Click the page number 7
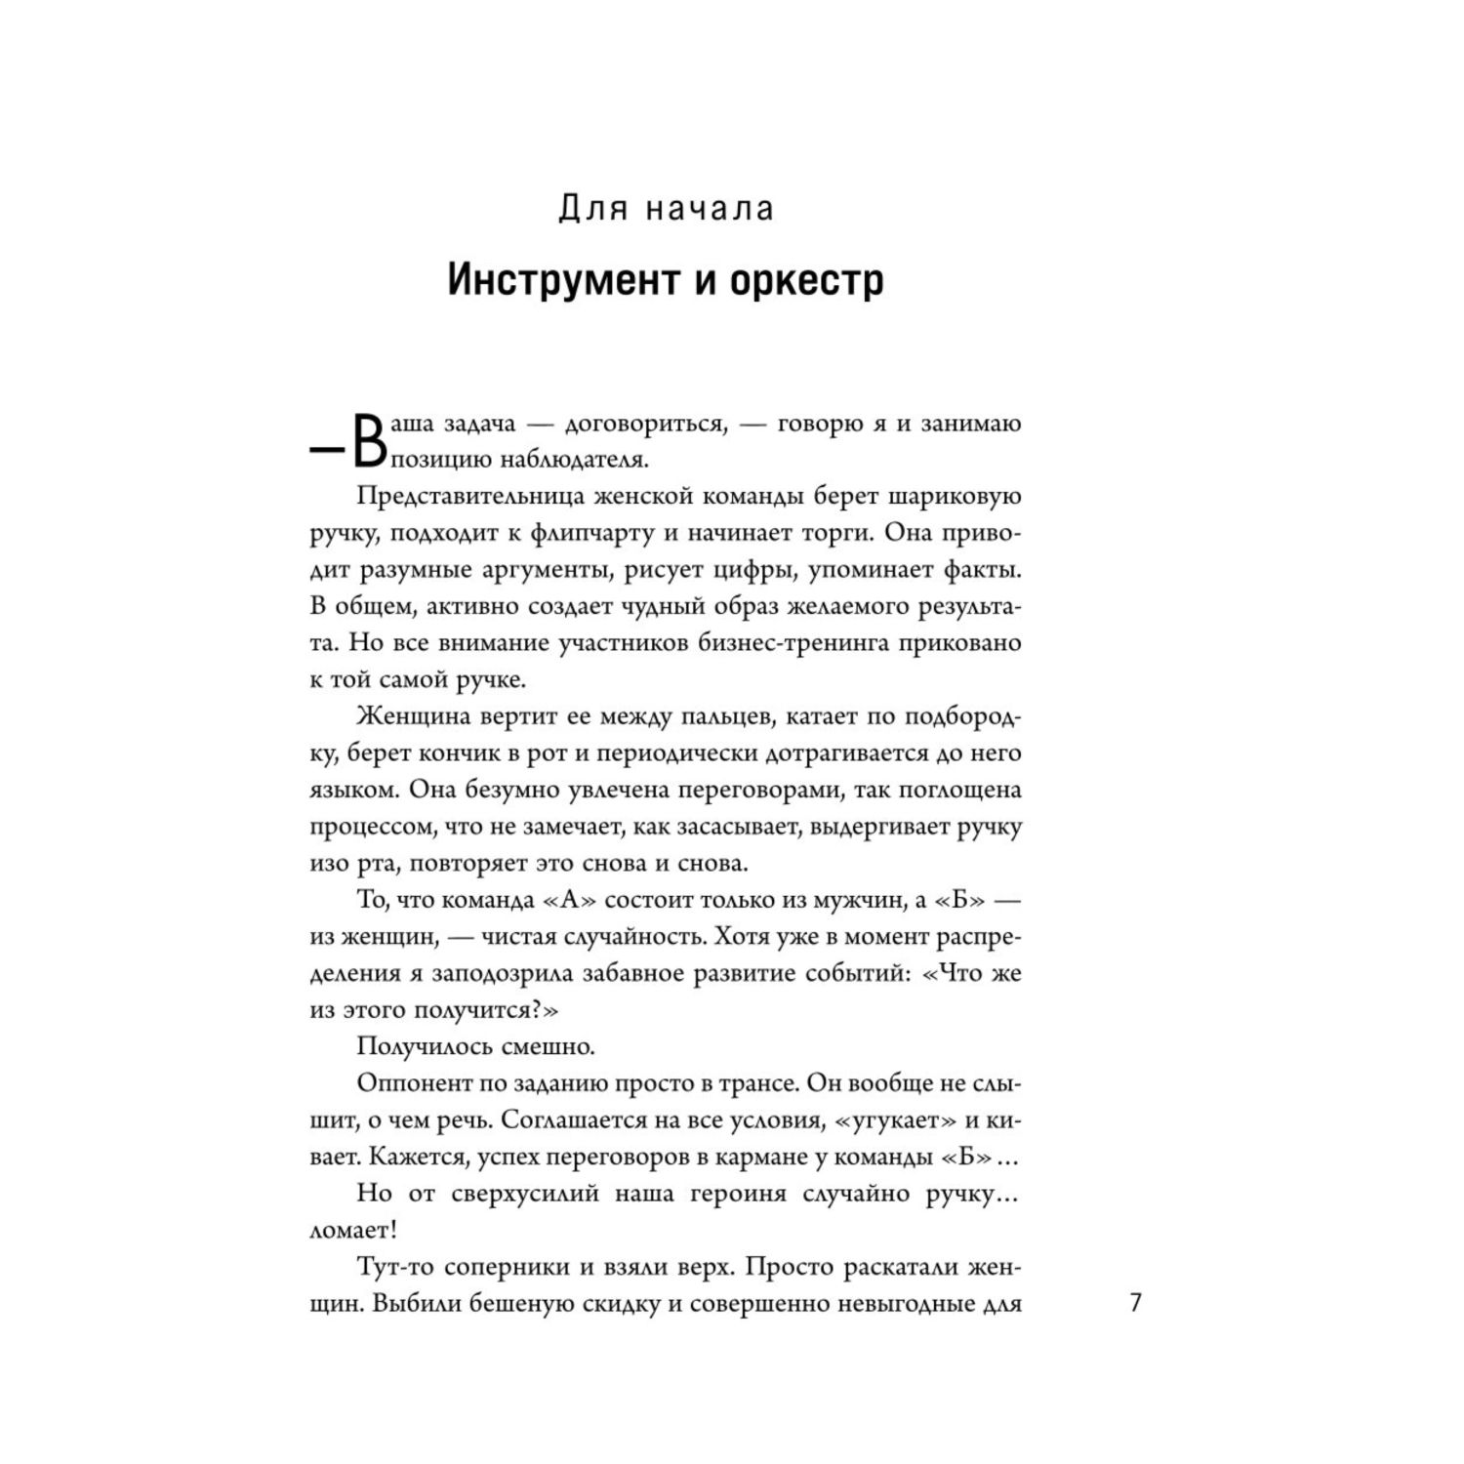(x=1135, y=1304)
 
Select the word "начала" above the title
(x=709, y=209)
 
